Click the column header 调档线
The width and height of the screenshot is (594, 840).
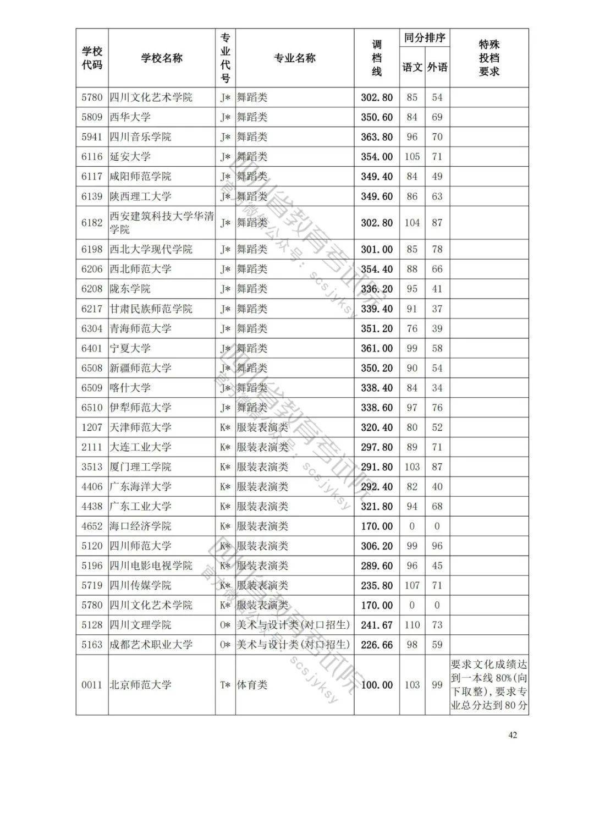pos(377,58)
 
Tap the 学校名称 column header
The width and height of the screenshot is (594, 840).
pos(162,58)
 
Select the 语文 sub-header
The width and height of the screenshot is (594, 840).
pos(412,67)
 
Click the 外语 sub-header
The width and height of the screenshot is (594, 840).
pos(437,67)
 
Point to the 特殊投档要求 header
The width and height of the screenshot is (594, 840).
pos(489,58)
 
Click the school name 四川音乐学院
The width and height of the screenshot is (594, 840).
pos(141,137)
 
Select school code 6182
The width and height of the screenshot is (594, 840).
pos(92,223)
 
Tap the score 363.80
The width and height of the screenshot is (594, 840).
pos(377,137)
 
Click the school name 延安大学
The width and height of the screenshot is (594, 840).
pos(130,157)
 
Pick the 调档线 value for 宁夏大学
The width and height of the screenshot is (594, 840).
pos(377,348)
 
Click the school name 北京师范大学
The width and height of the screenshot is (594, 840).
pos(141,685)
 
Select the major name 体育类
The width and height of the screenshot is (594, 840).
pos(252,685)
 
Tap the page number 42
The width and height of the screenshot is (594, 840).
pos(512,735)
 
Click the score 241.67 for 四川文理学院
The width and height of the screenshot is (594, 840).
pos(377,625)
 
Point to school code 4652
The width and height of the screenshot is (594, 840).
pos(92,526)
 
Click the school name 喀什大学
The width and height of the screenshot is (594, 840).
pos(130,388)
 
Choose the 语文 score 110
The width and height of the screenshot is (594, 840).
pos(412,625)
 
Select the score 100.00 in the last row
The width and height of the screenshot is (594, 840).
pos(377,685)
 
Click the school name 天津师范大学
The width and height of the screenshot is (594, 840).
pos(141,427)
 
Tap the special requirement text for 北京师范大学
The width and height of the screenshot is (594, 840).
pos(489,685)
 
